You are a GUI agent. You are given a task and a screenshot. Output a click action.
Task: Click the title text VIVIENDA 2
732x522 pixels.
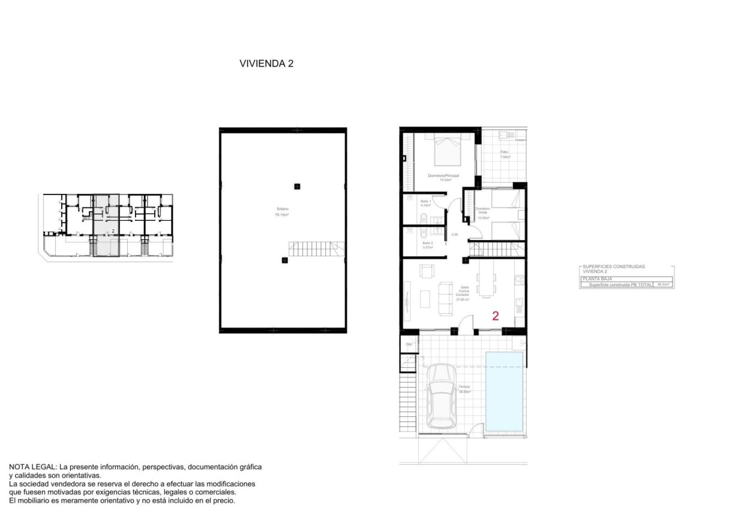coord(266,63)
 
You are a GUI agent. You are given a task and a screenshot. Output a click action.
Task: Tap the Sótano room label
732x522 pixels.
coord(282,212)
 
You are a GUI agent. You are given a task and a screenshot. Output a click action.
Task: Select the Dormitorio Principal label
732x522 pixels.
coord(443,176)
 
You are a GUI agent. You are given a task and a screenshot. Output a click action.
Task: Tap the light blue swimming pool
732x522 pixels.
coord(504,391)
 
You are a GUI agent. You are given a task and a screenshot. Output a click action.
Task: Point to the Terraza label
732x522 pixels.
coord(464,388)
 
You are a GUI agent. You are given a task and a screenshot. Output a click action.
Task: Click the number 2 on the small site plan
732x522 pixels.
coord(113,230)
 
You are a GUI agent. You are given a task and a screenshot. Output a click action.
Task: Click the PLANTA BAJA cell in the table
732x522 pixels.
coord(595,278)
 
